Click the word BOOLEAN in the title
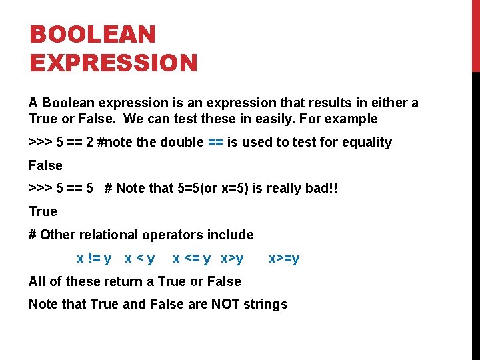pyautogui.click(x=93, y=34)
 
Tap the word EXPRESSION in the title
pyautogui.click(x=114, y=63)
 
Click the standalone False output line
pyautogui.click(x=45, y=165)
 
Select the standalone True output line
pyautogui.click(x=43, y=211)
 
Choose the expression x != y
pyautogui.click(x=94, y=258)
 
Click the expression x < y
pyautogui.click(x=140, y=258)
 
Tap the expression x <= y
pyautogui.click(x=191, y=258)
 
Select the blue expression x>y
pyautogui.click(x=232, y=258)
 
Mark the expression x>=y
pyautogui.click(x=284, y=258)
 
